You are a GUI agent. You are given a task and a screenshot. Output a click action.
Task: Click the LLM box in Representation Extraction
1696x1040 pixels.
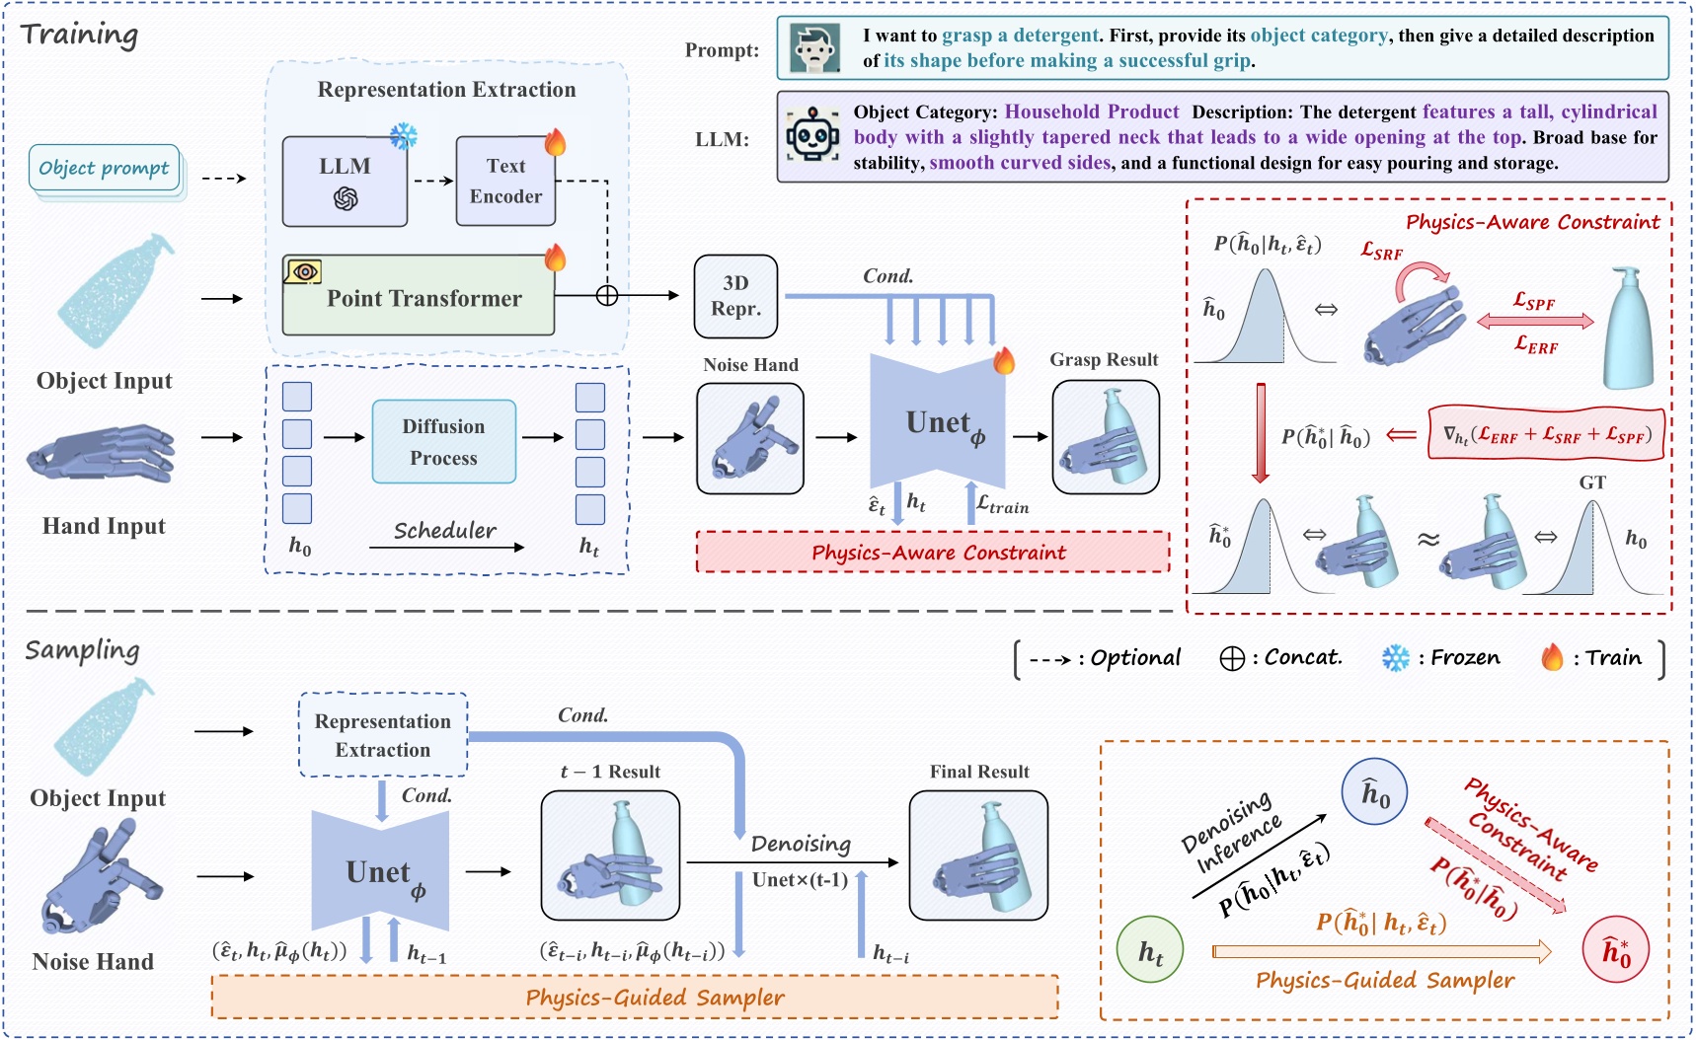(x=345, y=182)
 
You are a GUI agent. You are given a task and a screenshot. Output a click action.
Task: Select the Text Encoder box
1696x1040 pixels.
(x=505, y=182)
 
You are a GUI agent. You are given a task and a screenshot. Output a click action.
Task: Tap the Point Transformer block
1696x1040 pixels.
(x=419, y=297)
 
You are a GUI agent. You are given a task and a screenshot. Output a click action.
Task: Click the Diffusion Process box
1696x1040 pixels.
(x=443, y=441)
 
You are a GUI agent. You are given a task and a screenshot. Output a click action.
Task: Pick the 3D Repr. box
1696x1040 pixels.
(x=735, y=296)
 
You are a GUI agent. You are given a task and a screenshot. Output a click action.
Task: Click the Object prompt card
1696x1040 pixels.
(x=105, y=169)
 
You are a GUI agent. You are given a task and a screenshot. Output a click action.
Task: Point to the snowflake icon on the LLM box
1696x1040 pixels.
(x=404, y=136)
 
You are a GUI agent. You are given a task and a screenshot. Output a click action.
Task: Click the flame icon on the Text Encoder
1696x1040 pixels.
(x=556, y=142)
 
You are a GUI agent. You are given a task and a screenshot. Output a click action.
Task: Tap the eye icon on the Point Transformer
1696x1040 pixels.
(x=303, y=270)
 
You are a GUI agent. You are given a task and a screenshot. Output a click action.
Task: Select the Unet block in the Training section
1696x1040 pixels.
(x=938, y=423)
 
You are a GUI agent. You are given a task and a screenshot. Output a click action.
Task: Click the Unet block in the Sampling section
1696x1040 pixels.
(x=381, y=871)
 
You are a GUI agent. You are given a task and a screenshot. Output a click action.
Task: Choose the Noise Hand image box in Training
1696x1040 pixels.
(x=750, y=439)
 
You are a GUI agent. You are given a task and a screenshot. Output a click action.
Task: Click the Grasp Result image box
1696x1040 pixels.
(x=1106, y=437)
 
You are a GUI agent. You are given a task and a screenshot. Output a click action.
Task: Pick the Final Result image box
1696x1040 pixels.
(x=978, y=855)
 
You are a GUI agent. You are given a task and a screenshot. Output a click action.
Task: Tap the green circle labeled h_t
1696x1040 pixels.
(x=1150, y=951)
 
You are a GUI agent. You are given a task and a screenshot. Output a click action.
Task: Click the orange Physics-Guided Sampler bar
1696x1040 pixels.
(x=635, y=998)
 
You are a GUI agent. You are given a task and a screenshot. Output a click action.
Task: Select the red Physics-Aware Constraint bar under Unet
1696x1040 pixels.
(x=933, y=553)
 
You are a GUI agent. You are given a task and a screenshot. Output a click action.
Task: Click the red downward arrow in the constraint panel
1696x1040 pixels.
(x=1261, y=432)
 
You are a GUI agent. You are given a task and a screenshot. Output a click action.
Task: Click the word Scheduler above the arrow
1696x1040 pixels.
(x=445, y=531)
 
